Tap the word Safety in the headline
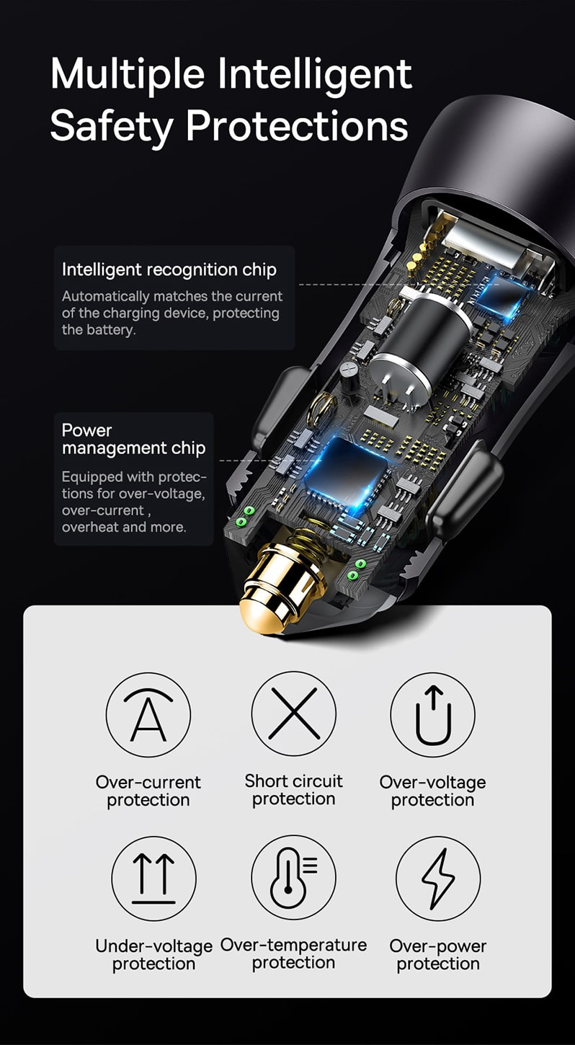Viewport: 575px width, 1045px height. (x=112, y=126)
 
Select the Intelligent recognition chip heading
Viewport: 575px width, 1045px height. (x=169, y=270)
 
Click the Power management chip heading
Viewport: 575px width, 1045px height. (x=133, y=439)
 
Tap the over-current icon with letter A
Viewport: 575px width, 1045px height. (x=148, y=714)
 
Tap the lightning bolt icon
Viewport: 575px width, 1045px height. (x=438, y=879)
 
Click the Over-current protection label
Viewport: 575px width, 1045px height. (x=148, y=791)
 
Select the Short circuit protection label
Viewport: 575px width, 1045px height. (x=294, y=790)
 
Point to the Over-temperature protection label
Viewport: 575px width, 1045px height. (x=294, y=953)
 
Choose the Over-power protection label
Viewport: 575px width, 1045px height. (x=438, y=954)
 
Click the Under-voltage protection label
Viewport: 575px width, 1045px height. (x=154, y=954)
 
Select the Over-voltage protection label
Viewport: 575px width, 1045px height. (x=433, y=791)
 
